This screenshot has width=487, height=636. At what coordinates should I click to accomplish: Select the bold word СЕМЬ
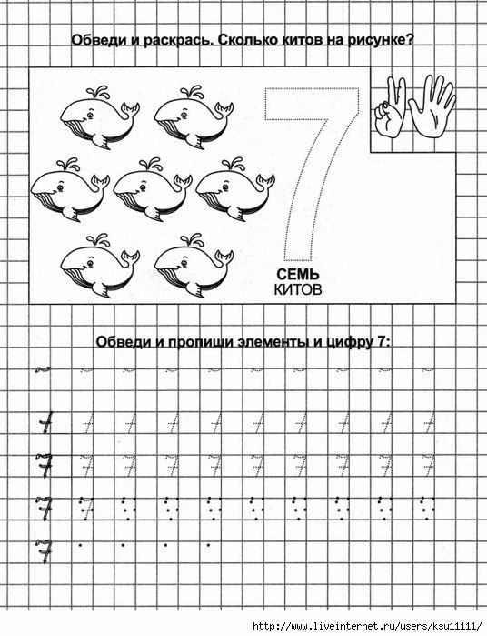pos(298,275)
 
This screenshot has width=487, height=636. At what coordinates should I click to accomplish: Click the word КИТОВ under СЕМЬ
pos(298,289)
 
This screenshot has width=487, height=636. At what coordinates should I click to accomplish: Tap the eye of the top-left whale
pos(90,116)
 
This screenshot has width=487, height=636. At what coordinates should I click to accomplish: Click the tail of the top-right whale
pos(224,110)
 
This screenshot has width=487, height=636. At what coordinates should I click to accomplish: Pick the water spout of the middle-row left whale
pos(68,165)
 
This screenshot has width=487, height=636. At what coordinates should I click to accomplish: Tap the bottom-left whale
pos(100,266)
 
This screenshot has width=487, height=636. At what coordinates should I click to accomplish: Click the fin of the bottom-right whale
pos(194,288)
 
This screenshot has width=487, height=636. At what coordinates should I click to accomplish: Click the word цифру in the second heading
pos(347,342)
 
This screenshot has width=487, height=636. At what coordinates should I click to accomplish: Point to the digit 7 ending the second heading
pos(381,341)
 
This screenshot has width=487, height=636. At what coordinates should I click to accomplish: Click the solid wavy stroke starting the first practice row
pos(44,369)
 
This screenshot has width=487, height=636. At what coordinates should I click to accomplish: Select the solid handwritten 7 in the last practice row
pos(44,550)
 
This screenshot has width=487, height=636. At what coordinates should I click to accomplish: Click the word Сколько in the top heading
pos(250,41)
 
